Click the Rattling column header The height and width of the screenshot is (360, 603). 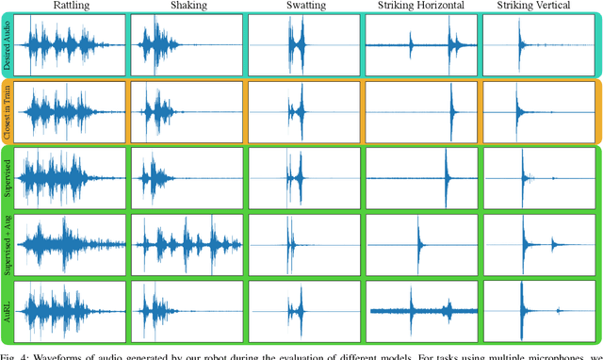65,7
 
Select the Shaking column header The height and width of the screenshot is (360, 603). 183,7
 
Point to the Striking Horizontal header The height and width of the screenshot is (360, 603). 419,7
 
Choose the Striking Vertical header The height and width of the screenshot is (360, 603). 538,7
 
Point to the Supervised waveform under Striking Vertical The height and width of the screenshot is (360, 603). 538,176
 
